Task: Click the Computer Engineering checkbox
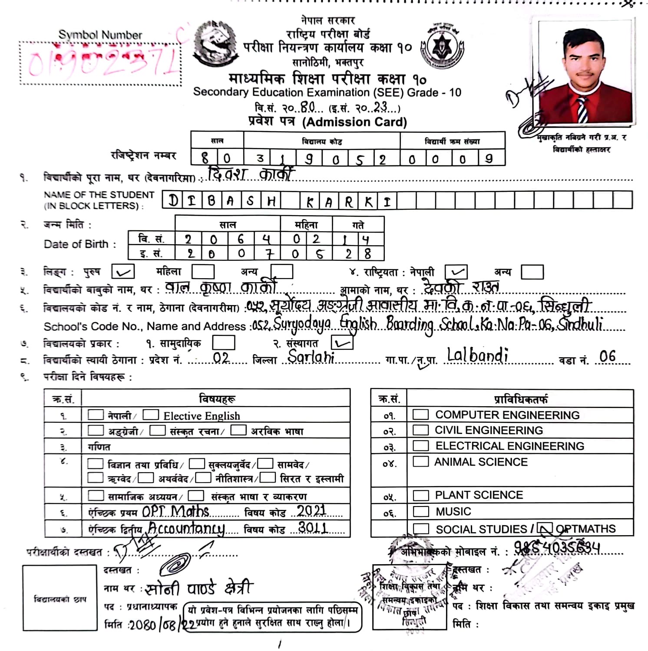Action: point(420,414)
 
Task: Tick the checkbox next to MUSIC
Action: point(420,511)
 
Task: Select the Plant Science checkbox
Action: point(420,495)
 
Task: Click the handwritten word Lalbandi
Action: point(477,356)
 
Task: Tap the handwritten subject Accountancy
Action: point(187,528)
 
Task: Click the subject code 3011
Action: point(313,527)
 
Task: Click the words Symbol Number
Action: point(100,35)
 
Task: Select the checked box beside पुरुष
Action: point(123,272)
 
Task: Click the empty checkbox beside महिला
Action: point(203,272)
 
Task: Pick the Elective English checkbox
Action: point(151,414)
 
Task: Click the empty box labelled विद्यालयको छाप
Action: point(60,598)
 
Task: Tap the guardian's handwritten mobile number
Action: point(557,549)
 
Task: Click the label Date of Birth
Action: point(76,244)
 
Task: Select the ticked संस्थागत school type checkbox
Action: point(342,343)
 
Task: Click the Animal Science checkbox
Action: point(420,461)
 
